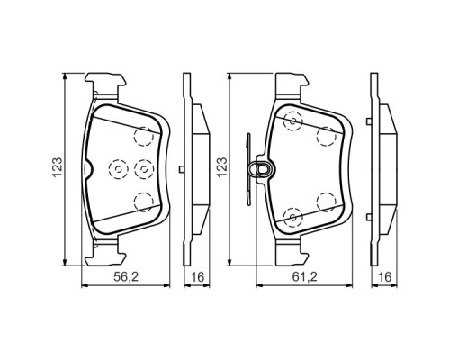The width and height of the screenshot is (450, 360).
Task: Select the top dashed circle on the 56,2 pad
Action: click(141, 136)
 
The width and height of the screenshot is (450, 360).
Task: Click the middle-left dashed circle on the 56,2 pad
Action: click(116, 168)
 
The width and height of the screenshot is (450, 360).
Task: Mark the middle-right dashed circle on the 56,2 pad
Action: click(140, 168)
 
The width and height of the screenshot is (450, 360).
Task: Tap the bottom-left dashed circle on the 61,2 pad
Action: click(290, 216)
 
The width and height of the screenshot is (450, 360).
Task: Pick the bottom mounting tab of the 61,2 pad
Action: click(290, 254)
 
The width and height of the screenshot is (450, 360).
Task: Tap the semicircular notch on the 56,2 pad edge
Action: click(86, 168)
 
